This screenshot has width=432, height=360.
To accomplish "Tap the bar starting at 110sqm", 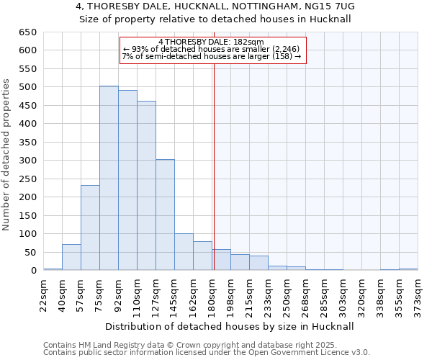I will click(146, 186).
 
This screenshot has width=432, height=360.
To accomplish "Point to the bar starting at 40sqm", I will click(71, 257).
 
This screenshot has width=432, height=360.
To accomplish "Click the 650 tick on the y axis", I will click(28, 32).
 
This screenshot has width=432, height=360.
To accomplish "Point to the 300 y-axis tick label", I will click(28, 161).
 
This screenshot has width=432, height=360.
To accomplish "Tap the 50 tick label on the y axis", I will click(31, 253).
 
